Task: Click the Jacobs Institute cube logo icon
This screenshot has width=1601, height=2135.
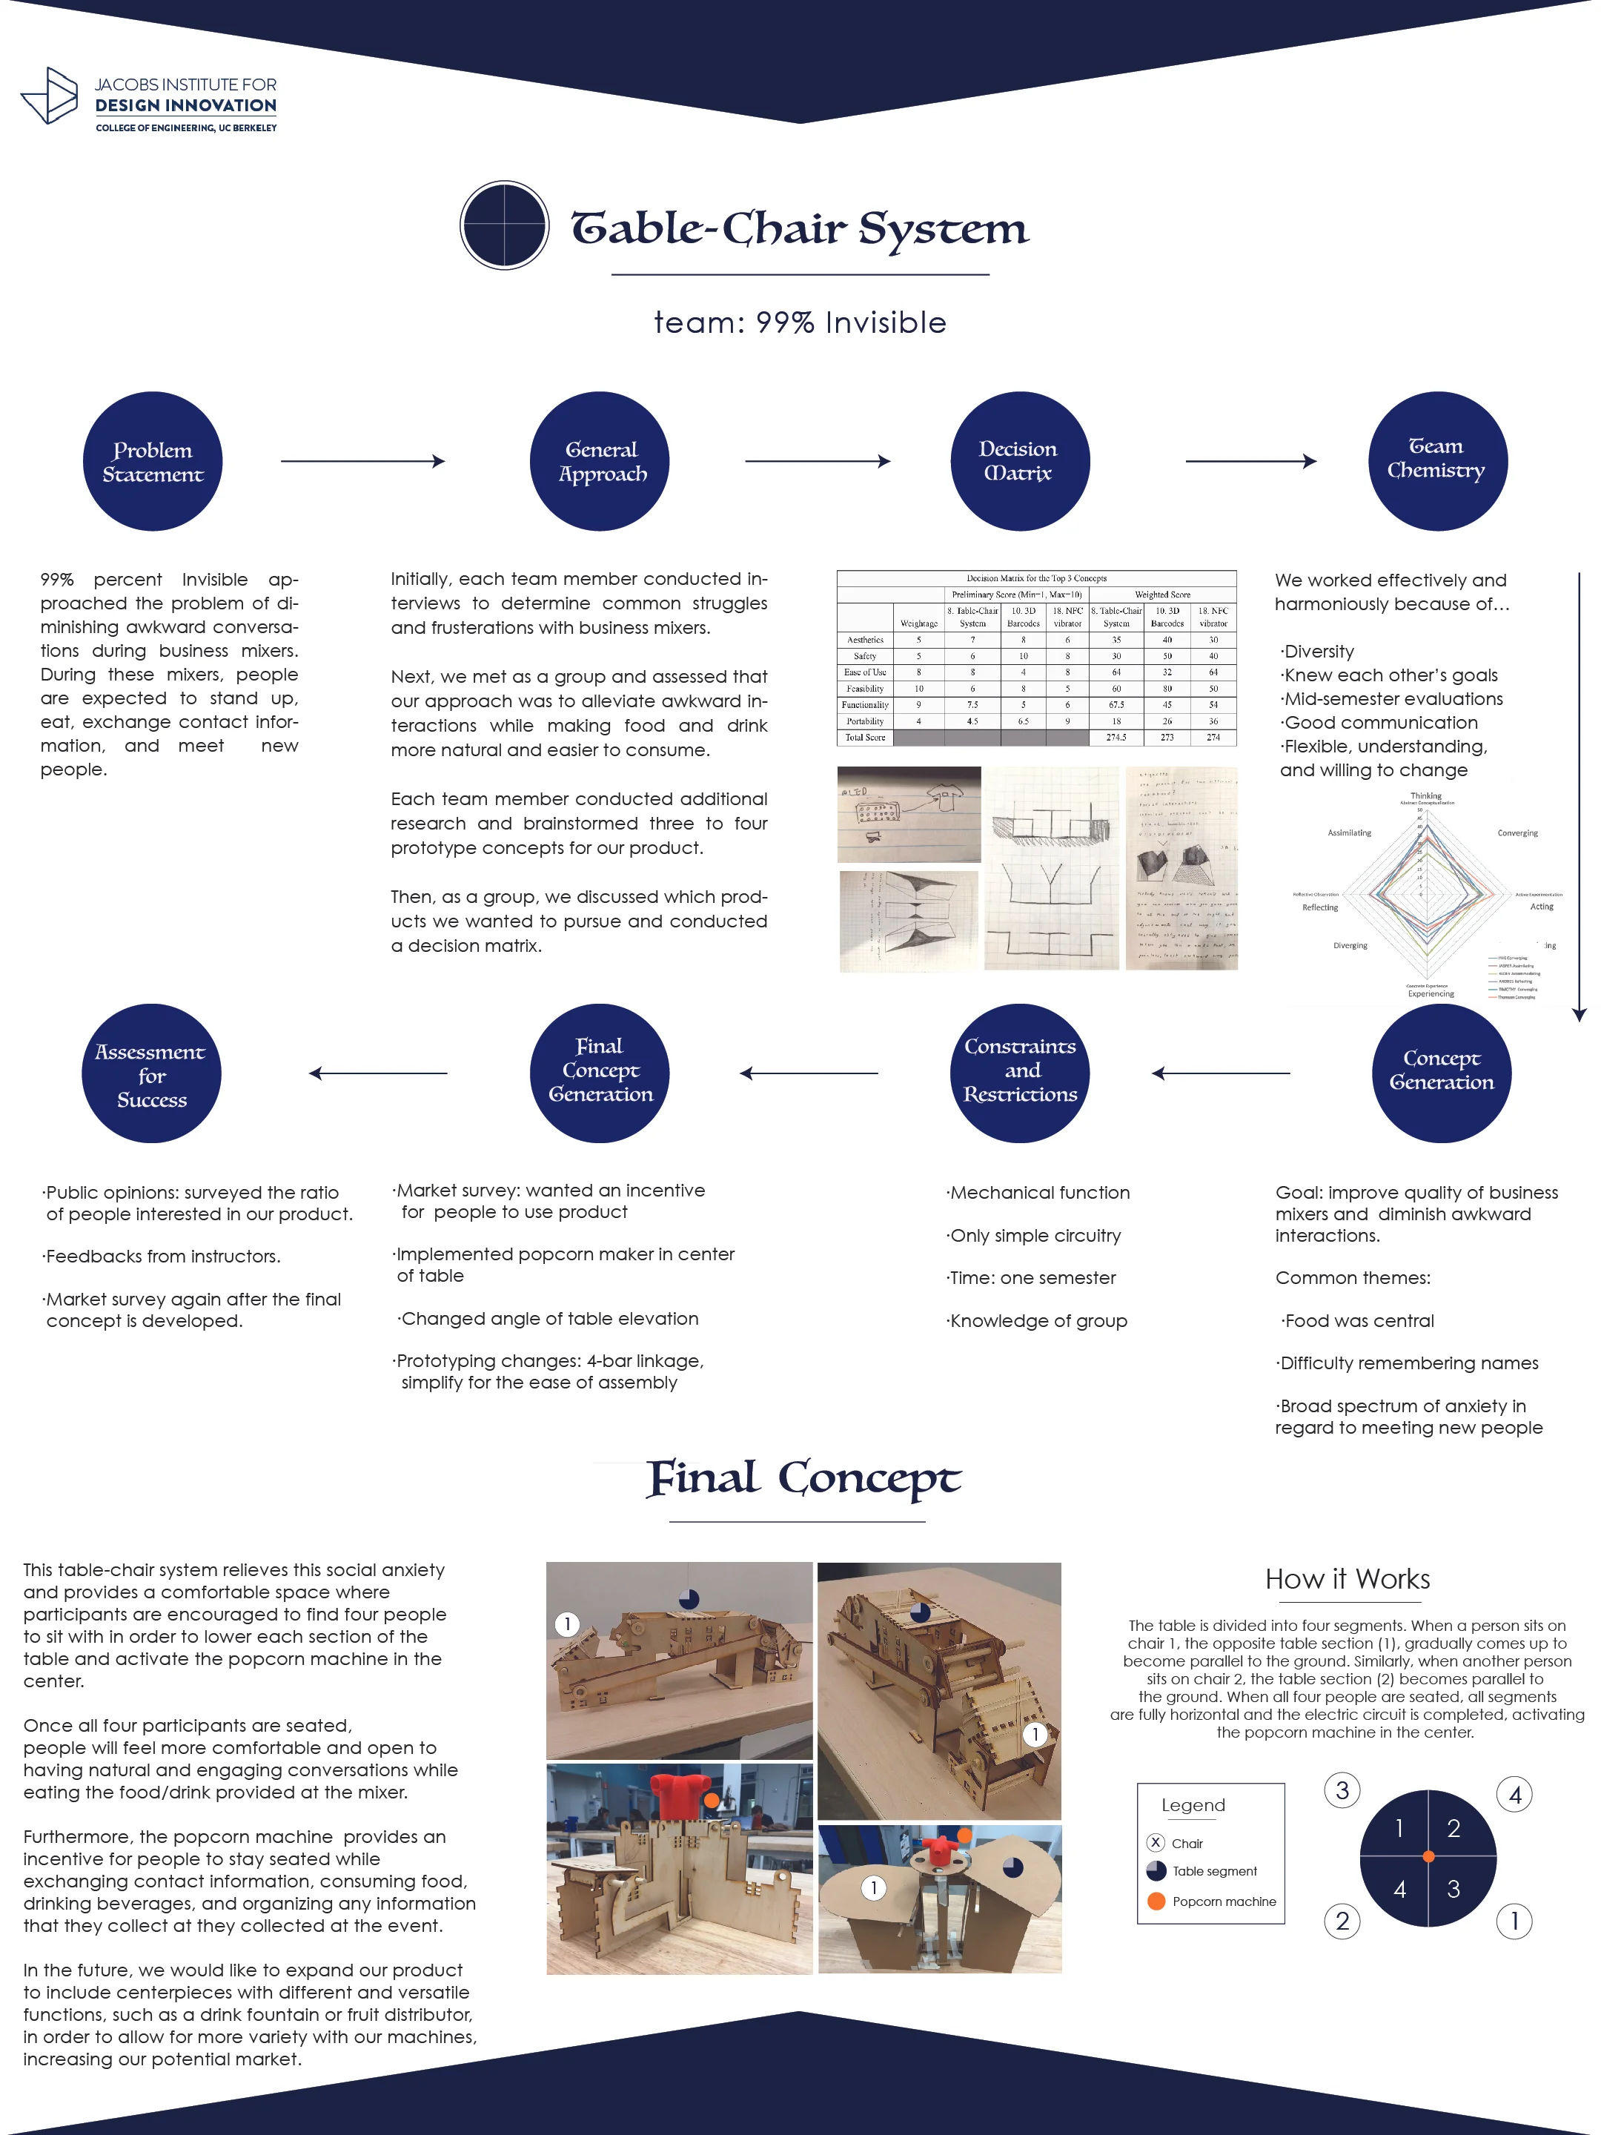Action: pos(49,96)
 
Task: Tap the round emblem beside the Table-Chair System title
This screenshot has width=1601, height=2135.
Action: pos(504,225)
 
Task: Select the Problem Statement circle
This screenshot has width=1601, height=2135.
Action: pos(153,461)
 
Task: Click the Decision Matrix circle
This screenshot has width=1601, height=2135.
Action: pos(1019,461)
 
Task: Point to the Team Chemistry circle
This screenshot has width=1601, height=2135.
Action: pos(1437,461)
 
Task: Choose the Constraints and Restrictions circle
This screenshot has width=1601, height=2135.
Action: pos(1020,1073)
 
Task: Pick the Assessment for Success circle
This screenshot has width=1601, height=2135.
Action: pos(151,1073)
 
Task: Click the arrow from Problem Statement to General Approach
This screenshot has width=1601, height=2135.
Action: pos(363,461)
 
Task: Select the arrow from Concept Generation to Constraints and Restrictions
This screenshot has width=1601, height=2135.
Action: pos(1221,1073)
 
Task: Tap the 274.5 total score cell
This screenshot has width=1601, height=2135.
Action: pos(1116,738)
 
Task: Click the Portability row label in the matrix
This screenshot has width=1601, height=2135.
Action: pos(865,721)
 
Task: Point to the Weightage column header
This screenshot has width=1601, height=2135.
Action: pos(918,623)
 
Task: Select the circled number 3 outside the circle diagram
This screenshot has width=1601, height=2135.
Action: pos(1342,1791)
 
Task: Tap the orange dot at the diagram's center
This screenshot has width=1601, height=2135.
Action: pos(1428,1856)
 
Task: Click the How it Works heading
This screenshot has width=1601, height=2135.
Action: pos(1348,1579)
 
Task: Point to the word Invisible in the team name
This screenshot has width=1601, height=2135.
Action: pos(885,322)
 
